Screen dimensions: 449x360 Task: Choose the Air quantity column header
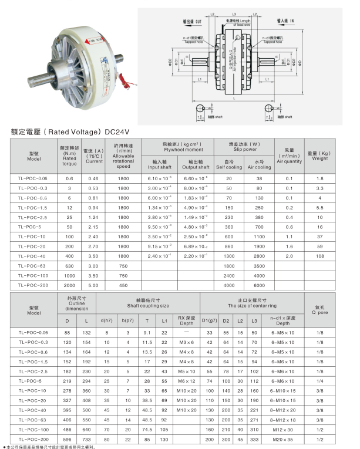tap(288, 157)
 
